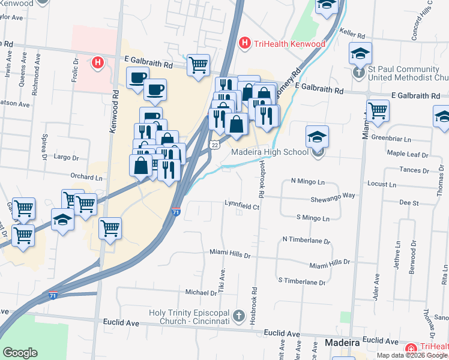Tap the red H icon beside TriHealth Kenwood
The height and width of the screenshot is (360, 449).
tap(244, 43)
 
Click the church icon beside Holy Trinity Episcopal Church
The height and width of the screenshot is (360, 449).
tap(239, 316)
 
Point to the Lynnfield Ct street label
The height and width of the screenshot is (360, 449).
tap(241, 207)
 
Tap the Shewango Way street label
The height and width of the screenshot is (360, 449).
tap(333, 196)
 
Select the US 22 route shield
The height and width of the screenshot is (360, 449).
tap(214, 145)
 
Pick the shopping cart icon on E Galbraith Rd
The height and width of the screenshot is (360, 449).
tap(198, 64)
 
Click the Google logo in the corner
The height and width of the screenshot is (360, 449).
tap(20, 352)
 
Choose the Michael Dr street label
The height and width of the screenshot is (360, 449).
tap(200, 293)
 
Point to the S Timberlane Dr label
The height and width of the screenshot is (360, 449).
tap(301, 281)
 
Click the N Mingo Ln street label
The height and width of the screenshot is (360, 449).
tap(307, 181)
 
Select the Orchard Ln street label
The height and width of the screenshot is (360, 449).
tap(86, 178)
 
